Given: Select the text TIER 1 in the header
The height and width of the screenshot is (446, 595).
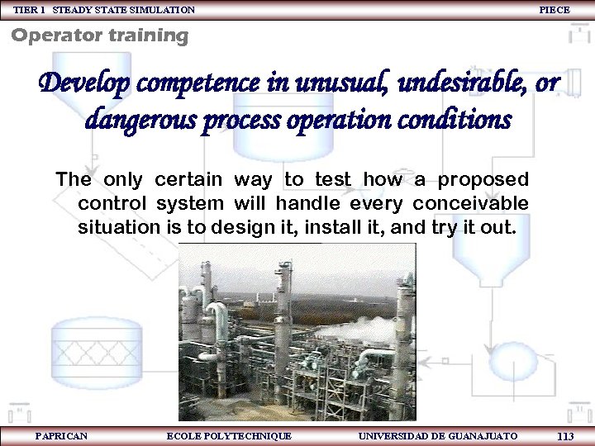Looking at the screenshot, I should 29,10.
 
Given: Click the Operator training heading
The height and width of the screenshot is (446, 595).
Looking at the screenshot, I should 99,36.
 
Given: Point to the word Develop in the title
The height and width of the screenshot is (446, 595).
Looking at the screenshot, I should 85,84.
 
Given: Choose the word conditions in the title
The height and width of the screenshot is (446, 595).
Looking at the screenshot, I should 455,121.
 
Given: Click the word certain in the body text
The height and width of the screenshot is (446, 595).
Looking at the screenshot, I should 189,179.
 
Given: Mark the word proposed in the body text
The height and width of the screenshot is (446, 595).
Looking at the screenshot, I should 483,179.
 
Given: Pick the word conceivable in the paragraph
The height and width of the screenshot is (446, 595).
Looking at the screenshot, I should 470,203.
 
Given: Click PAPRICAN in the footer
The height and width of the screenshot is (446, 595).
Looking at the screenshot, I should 61,436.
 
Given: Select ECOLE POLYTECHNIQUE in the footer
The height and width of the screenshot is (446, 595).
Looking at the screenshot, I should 229,436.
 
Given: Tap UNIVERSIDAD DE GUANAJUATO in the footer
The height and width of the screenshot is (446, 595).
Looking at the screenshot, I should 438,436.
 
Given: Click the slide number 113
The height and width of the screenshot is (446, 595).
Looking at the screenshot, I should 565,436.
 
